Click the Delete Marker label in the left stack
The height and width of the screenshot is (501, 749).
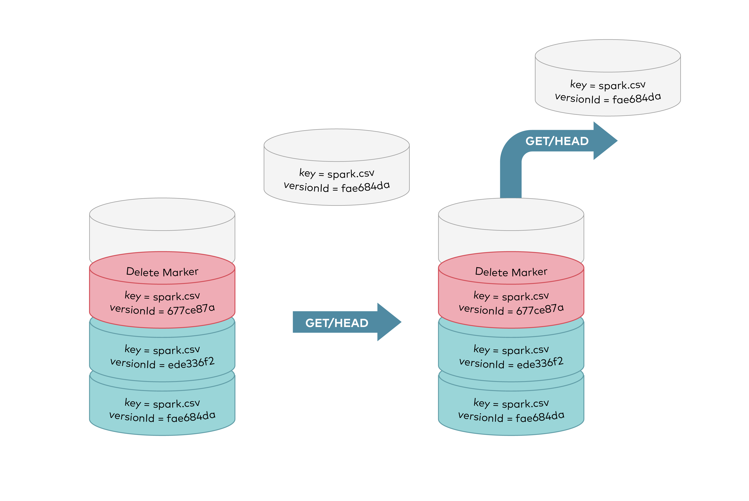162,272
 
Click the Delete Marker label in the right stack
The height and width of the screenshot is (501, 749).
511,272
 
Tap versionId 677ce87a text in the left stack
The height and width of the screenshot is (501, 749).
162,309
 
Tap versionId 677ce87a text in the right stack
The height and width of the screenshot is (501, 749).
511,309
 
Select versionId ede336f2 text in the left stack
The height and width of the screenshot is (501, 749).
162,363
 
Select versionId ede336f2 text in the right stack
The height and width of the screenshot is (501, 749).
511,363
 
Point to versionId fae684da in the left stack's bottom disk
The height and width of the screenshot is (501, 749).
162,417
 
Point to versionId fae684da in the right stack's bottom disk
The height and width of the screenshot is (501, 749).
511,417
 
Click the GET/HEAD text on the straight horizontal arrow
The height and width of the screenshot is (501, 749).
337,323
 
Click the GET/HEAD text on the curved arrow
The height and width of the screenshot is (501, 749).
557,141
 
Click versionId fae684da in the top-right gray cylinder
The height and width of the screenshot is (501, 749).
608,98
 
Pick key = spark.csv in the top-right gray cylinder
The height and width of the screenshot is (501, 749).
608,85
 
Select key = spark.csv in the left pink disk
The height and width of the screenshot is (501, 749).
162,296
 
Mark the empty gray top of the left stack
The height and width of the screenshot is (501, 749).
162,214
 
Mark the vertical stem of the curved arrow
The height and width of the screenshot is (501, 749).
510,179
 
